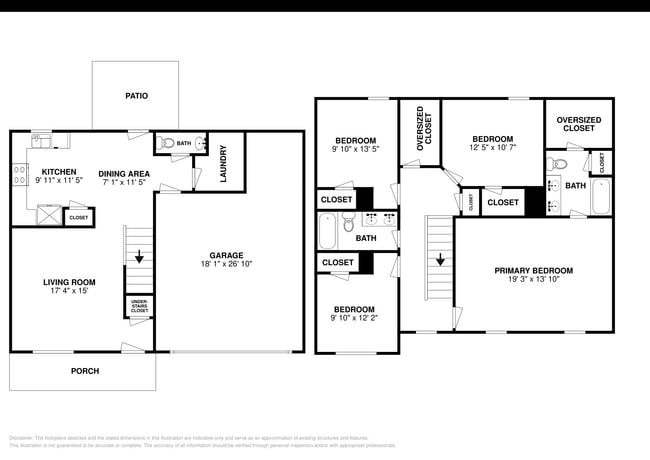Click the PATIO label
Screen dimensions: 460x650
[x=136, y=97]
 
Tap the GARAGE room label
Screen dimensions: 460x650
[x=226, y=255]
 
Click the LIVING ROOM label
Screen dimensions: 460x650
[x=68, y=282]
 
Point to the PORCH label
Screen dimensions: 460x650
[x=84, y=371]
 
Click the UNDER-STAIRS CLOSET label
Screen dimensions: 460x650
[x=139, y=306]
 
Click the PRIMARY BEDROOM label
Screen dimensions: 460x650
[x=533, y=271]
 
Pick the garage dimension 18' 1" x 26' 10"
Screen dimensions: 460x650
[x=226, y=265]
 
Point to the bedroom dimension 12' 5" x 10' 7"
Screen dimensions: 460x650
[x=492, y=149]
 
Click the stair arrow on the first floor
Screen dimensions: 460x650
[x=139, y=256]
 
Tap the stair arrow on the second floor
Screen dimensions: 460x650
[x=439, y=258]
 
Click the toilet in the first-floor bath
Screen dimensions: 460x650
[x=168, y=143]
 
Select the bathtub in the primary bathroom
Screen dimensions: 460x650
[x=600, y=197]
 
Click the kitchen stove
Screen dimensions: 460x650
[x=19, y=176]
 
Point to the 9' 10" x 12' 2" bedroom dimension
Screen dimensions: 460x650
[x=355, y=319]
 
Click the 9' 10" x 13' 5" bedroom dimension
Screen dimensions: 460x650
[x=355, y=150]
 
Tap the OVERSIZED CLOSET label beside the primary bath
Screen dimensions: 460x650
[x=578, y=124]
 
